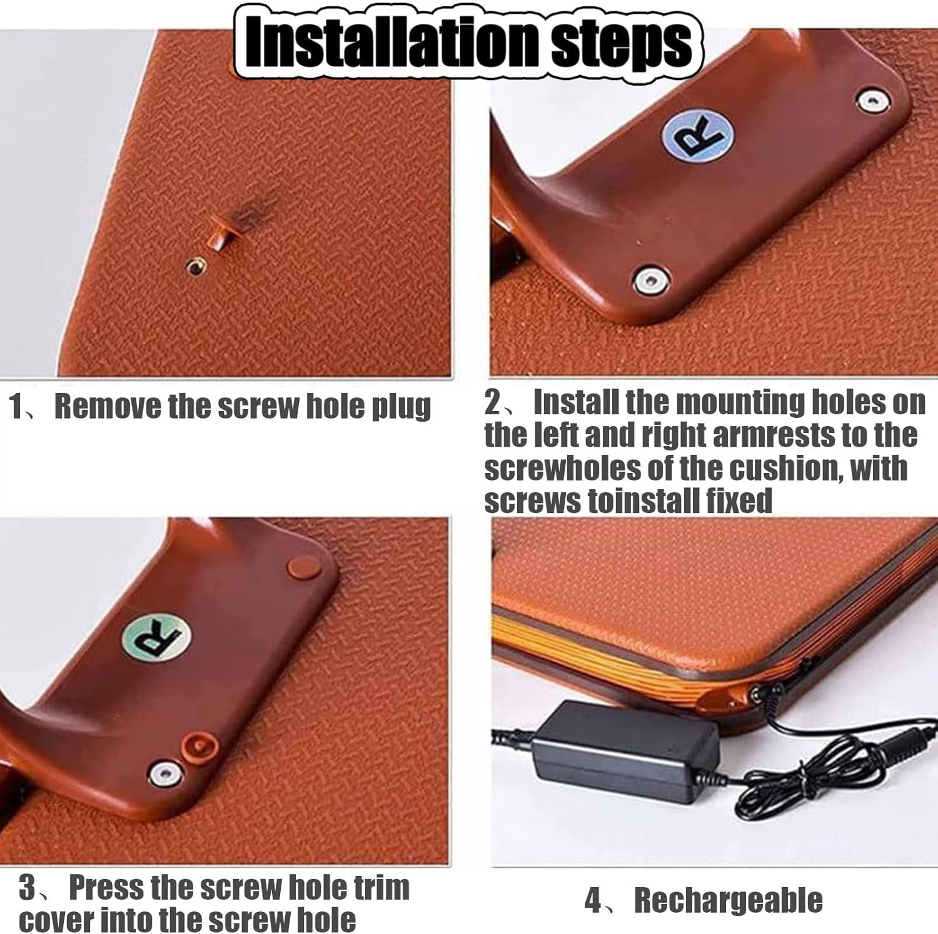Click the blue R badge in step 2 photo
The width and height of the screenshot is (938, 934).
(698, 136)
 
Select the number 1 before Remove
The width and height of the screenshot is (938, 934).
(16, 407)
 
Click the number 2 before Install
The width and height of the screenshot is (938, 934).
(493, 402)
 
